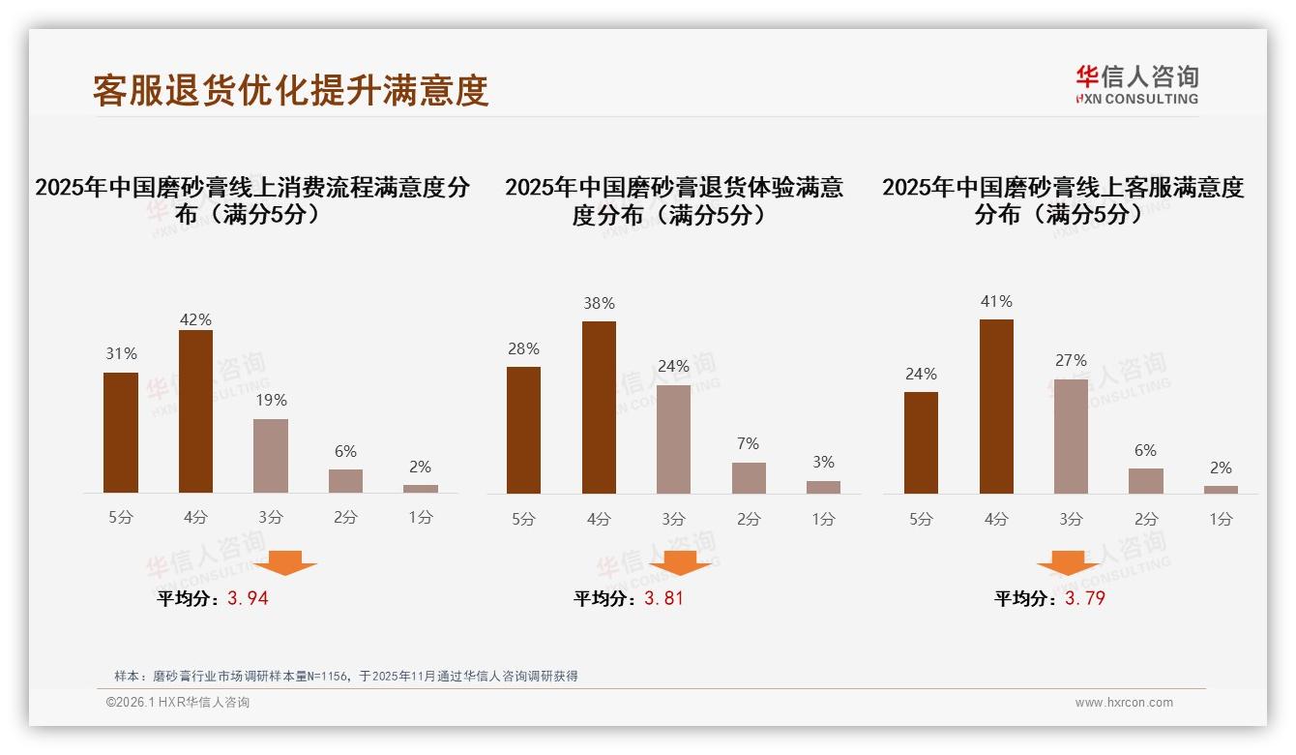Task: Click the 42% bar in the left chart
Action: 195,411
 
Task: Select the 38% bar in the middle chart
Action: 599,408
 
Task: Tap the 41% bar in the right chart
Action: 996,407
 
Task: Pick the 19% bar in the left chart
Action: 271,456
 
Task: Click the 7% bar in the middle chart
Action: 749,478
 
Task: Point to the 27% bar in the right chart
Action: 1071,437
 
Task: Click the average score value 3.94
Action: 248,598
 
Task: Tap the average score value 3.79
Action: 1084,598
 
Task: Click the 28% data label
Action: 523,349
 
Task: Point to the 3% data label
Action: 823,463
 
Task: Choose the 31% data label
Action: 121,354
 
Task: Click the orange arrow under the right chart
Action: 1068,563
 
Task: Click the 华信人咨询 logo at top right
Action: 1136,84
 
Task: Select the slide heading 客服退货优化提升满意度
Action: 290,90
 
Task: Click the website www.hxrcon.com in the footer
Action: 1124,703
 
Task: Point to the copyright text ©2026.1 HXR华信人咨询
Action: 178,703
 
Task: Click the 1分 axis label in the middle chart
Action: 823,519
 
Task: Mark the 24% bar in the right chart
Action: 921,442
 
